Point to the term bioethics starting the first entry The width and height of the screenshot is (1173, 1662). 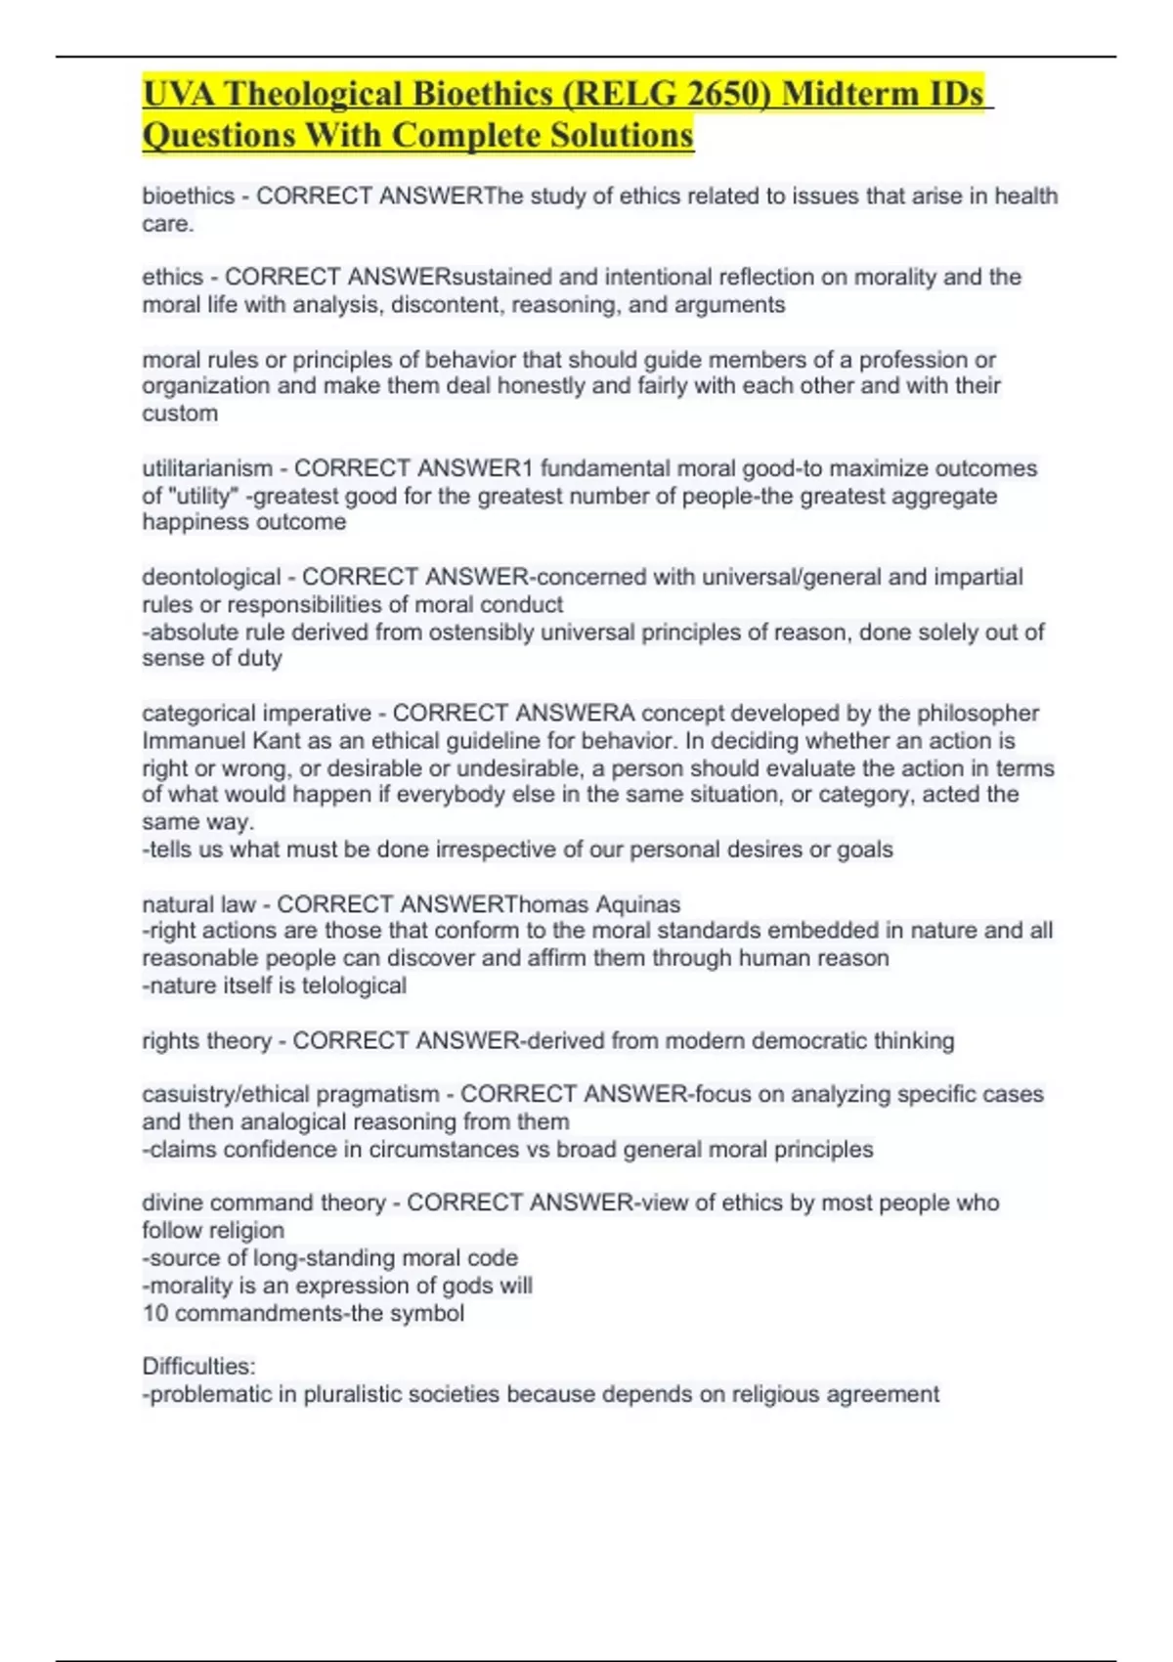coord(189,197)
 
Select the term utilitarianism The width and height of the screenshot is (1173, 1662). coord(207,468)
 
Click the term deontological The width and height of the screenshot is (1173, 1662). coord(211,577)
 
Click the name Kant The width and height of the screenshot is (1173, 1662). coord(276,740)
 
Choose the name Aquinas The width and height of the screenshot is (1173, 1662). coord(637,904)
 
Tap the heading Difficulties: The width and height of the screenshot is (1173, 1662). coord(197,1366)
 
